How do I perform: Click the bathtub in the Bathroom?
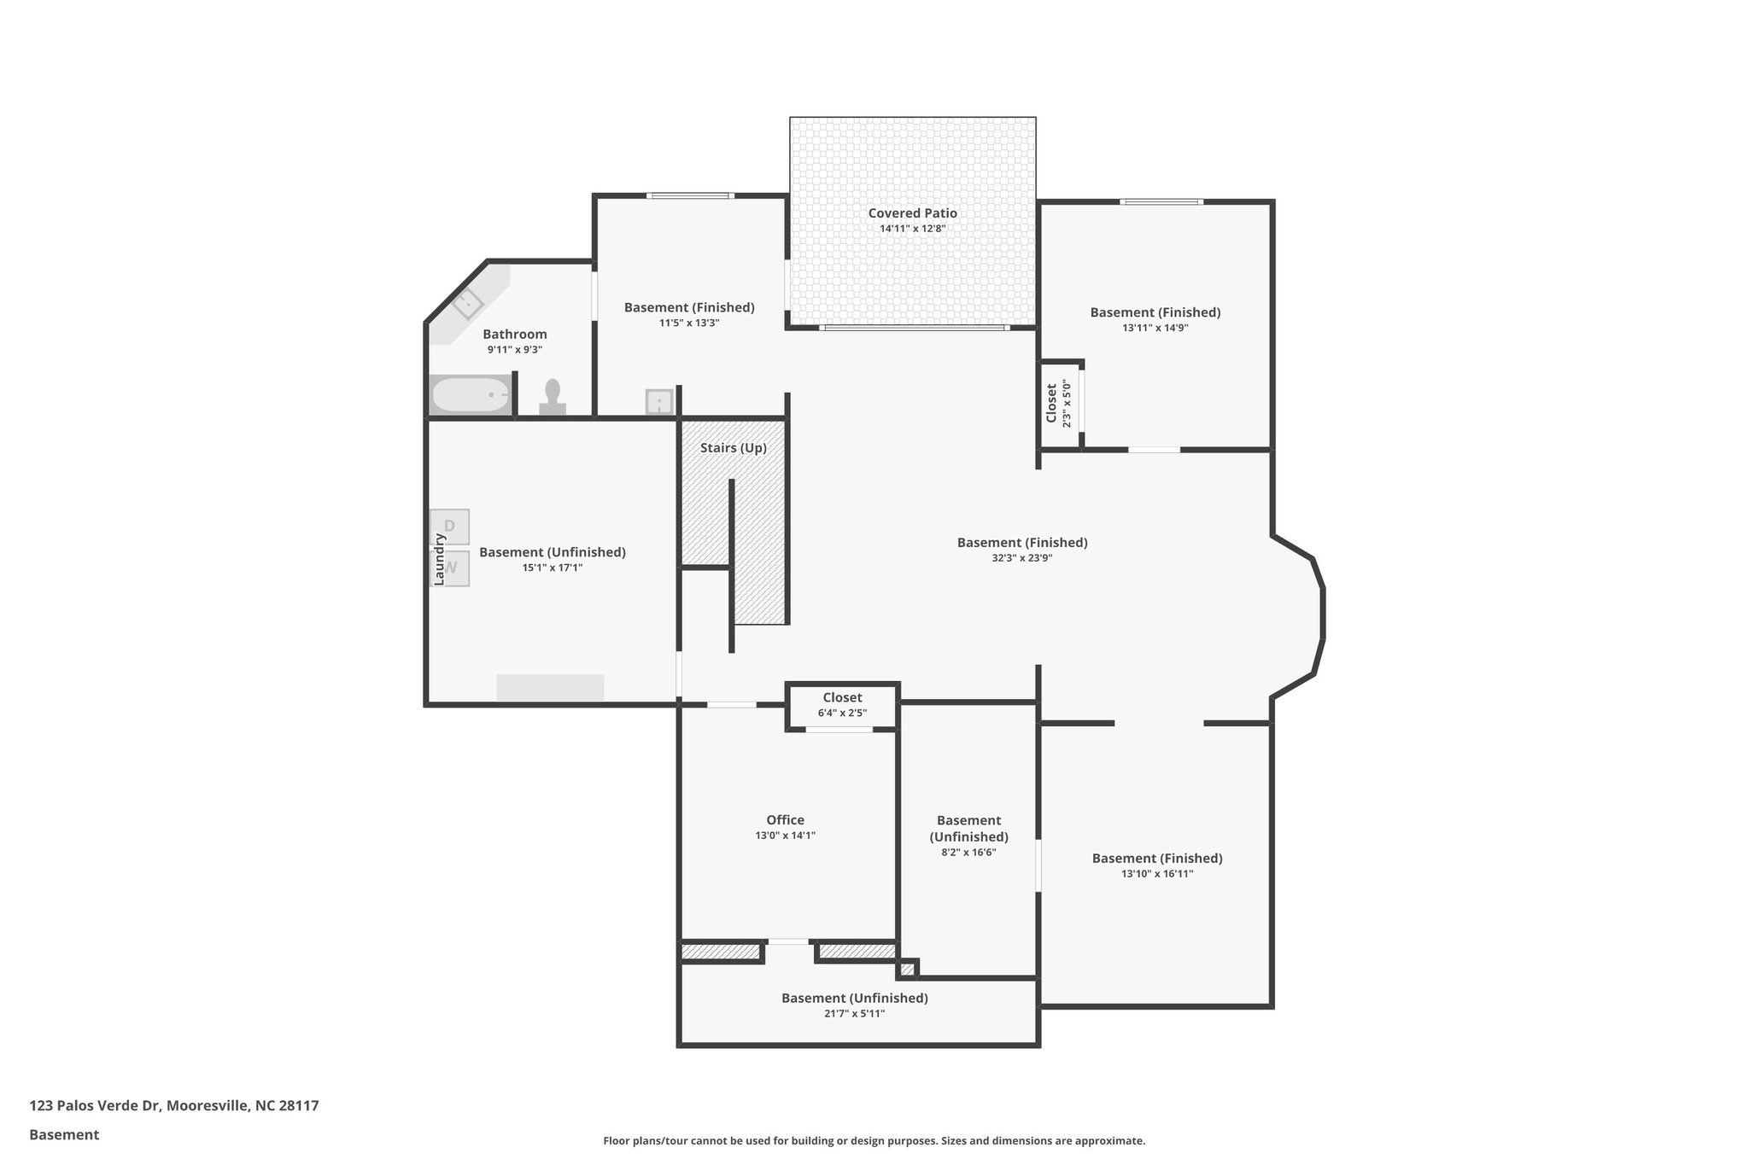[471, 395]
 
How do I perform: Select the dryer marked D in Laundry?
[450, 527]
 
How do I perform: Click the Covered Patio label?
[912, 213]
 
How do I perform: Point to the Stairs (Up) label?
[733, 448]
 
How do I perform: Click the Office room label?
[785, 820]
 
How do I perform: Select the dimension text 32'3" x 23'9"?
[1021, 558]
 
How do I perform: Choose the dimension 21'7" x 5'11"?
[854, 1014]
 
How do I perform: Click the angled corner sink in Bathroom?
[467, 303]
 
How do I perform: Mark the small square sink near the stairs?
[659, 401]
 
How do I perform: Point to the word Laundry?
[440, 560]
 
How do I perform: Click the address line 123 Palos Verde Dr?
[174, 1106]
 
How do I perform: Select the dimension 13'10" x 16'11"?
[1156, 874]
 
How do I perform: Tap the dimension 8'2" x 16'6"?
[968, 853]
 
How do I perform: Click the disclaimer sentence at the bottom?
[874, 1141]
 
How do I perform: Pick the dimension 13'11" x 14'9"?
[1155, 328]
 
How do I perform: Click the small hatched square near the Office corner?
[907, 969]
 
